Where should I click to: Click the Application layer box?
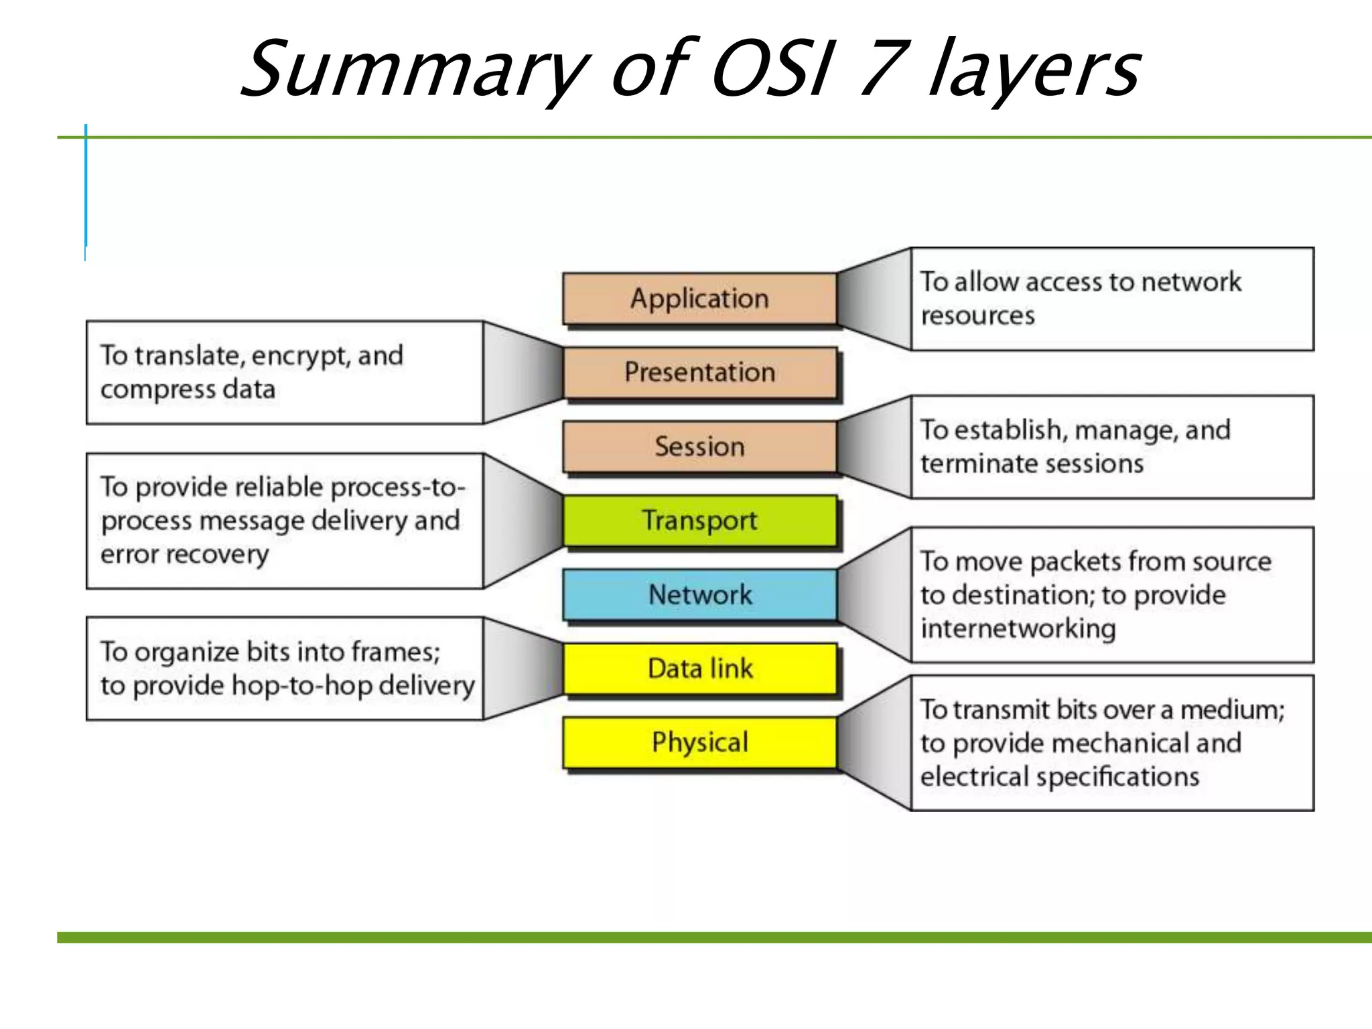699,299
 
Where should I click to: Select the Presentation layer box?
699,372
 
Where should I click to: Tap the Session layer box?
699,447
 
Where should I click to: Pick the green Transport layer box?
699,521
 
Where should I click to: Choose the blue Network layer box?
699,595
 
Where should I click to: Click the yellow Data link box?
699,669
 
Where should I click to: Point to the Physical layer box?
699,742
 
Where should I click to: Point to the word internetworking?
1018,629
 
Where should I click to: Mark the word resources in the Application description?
977,316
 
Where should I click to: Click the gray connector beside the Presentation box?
523,372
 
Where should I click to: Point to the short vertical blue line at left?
86,188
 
